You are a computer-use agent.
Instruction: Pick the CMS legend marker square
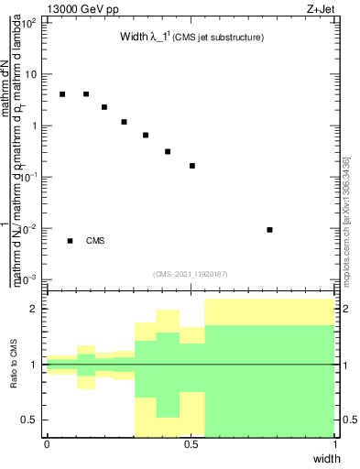[70, 241]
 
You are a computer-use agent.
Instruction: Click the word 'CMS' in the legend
[96, 241]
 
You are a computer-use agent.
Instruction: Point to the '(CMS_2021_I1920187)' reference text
[191, 274]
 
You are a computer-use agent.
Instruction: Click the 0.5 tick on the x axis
[191, 444]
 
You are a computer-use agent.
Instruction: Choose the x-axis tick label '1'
[335, 444]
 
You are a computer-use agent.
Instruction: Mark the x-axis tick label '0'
[47, 444]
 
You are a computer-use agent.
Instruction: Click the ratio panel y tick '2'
[34, 309]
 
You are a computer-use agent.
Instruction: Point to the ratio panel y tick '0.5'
[30, 420]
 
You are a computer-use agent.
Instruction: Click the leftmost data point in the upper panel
[62, 94]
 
